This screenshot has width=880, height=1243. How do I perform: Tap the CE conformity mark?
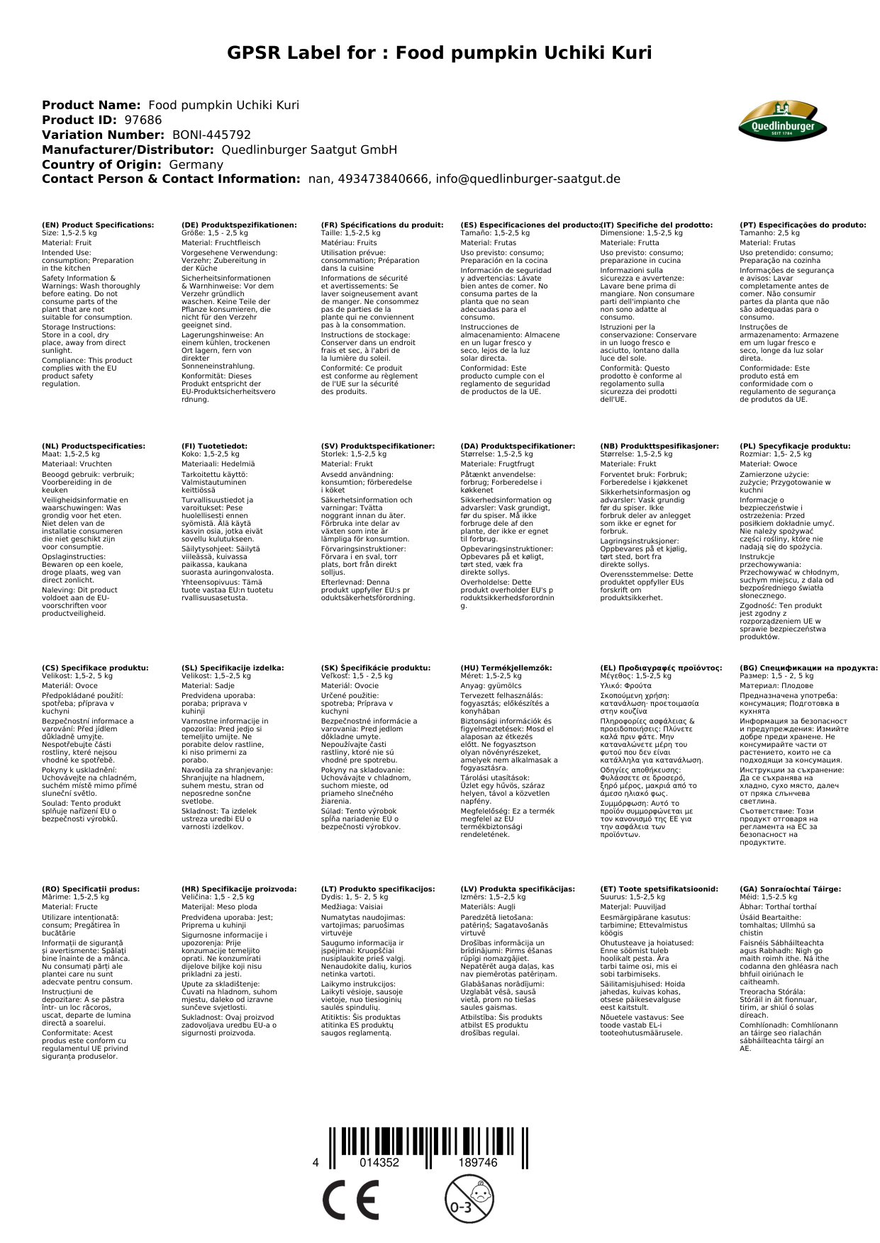[350, 1200]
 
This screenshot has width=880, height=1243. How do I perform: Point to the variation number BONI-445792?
[211, 135]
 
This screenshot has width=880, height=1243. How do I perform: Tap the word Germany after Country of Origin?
[196, 164]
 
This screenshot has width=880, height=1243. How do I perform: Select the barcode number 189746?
[477, 1162]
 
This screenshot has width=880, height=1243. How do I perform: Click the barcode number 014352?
[379, 1162]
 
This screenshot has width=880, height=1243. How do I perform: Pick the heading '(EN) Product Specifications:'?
[98, 225]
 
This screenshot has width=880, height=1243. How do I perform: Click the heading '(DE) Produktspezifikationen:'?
[239, 225]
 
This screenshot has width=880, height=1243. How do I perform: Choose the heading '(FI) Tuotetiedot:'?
[214, 446]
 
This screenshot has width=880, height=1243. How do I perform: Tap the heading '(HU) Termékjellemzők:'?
[506, 668]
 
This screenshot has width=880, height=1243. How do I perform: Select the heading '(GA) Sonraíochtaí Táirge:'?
[790, 889]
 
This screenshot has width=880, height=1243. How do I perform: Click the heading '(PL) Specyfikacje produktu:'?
[794, 446]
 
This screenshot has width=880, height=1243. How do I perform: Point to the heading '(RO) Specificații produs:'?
[91, 889]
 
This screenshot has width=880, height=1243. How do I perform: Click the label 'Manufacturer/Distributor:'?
[128, 150]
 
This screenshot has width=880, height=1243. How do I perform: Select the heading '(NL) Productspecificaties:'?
[93, 446]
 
